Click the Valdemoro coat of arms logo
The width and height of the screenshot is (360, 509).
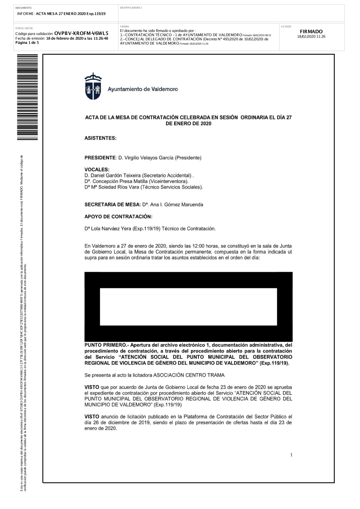93,86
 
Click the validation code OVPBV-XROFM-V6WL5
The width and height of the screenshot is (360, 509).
81,33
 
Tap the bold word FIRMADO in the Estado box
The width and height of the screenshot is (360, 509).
311,32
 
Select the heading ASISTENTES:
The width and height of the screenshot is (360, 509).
100,138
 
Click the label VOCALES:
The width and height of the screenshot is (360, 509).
97,170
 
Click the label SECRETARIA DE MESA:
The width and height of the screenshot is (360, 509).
112,204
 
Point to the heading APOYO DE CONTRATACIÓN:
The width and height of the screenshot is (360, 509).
118,217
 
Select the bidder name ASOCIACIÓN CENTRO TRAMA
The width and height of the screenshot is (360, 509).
189,375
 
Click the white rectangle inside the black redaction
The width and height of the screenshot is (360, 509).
188,307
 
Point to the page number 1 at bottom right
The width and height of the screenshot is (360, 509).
292,455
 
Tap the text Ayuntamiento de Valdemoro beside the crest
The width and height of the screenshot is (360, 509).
143,89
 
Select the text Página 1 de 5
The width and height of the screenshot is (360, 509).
27,42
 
